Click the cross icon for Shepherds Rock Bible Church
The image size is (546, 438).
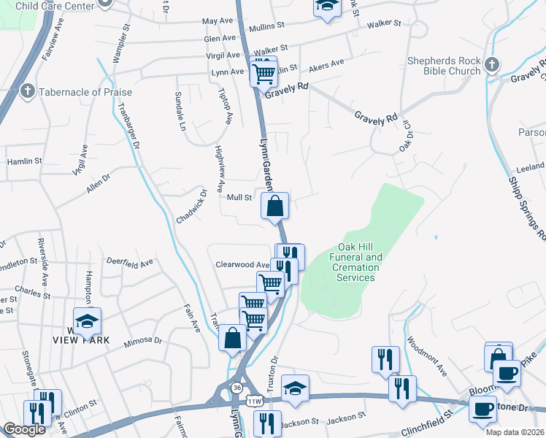493,65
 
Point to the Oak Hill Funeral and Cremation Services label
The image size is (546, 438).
355,267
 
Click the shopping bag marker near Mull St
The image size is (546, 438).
275,205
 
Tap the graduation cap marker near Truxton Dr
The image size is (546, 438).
295,388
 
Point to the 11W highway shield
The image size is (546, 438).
255,401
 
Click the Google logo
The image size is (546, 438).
23,429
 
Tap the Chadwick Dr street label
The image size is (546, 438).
191,207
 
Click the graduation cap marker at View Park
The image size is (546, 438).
87,320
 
